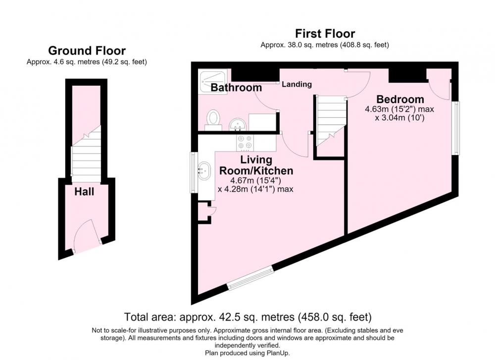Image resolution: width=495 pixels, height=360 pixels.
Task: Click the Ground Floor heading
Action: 87,51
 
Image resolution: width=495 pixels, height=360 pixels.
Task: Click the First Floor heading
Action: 325,34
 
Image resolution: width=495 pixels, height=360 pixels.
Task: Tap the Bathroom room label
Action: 236,88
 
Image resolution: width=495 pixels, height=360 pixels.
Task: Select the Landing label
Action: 297,84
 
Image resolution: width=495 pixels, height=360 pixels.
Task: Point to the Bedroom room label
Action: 400,99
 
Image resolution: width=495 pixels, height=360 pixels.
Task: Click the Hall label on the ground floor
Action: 84,192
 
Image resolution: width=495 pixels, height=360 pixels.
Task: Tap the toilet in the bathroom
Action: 213,120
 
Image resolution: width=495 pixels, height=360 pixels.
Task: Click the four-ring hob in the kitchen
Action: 246,143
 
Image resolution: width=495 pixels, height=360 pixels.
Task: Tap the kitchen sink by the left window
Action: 204,170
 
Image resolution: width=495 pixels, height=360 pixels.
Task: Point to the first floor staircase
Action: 330,121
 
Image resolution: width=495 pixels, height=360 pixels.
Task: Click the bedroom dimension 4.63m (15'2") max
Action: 399,109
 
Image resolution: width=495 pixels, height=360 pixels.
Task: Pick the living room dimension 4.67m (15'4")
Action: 256,181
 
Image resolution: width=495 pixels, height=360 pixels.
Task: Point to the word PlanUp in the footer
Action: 278,353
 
